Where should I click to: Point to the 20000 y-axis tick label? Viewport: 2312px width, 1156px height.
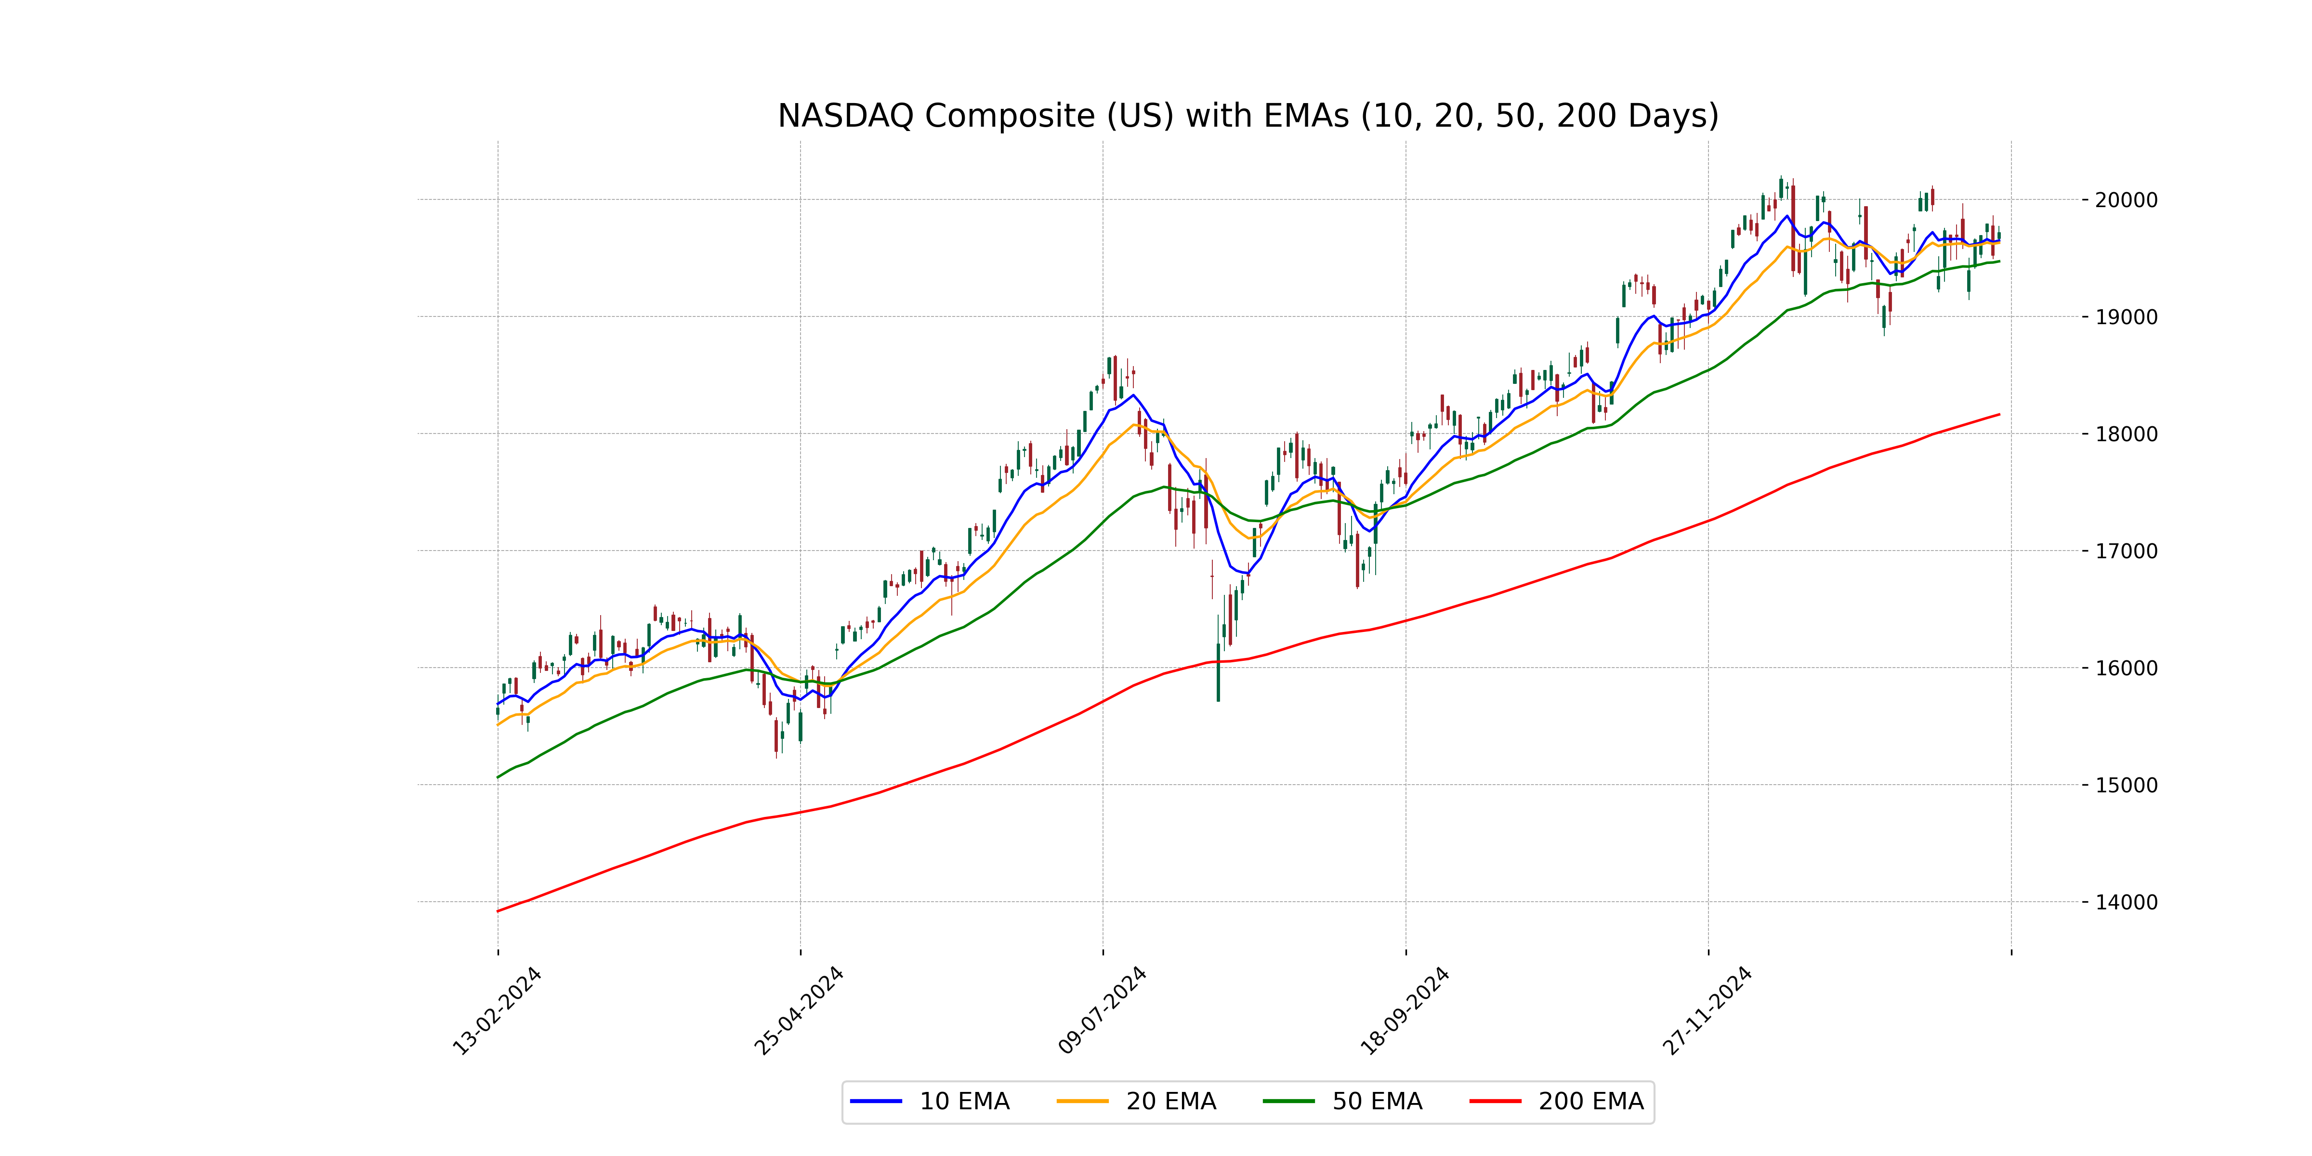(2125, 200)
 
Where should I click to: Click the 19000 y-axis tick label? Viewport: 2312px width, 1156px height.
(2125, 317)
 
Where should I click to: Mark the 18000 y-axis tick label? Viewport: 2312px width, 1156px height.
(2125, 434)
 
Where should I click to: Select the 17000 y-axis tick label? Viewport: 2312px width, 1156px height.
(2125, 551)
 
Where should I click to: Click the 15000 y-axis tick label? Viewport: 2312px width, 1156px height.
(2125, 785)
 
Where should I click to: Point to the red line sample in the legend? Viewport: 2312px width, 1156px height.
(1495, 1101)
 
